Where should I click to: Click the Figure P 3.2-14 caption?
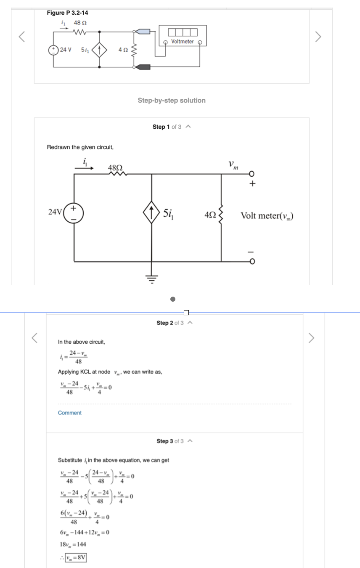point(67,13)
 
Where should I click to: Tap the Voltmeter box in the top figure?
point(182,35)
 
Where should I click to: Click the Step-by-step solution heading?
point(172,101)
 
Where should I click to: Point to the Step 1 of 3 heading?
point(167,127)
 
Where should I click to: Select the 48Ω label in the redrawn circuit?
point(115,167)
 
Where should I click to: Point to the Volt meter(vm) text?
point(267,216)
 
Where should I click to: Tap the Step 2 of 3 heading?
point(170,323)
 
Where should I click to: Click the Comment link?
point(70,413)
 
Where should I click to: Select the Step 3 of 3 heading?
point(170,441)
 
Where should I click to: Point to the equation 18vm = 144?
point(74,544)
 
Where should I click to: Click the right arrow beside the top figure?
point(318,37)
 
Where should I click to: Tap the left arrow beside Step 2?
point(36,337)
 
